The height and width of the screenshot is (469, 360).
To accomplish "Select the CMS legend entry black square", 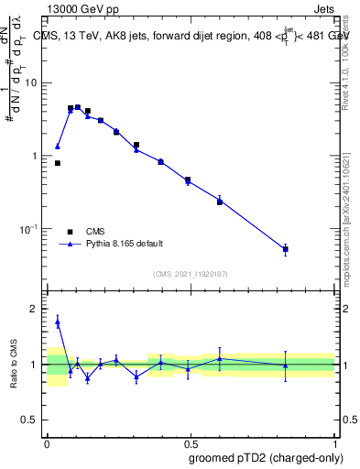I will coord(70,231).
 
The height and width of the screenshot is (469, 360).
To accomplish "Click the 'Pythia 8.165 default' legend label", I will coord(125,244).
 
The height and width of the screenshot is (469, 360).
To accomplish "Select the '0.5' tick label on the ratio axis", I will coord(30,420).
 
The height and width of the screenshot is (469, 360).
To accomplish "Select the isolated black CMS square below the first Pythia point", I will coord(58,163).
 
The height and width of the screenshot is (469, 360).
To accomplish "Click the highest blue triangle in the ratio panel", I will coord(58,321).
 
